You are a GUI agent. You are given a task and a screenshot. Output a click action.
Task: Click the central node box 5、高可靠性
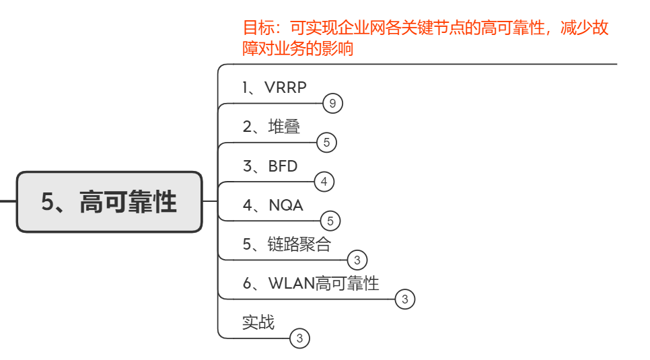point(109,202)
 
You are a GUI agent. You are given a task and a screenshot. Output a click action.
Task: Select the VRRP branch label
point(274,87)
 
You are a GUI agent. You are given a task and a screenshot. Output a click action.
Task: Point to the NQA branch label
point(273,205)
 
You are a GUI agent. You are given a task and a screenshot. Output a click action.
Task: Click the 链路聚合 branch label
point(287,244)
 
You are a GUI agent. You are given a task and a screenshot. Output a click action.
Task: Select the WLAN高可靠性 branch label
point(311,283)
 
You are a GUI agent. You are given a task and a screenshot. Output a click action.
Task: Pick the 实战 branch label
point(258,322)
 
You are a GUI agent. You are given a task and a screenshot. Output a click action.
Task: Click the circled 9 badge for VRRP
point(332,104)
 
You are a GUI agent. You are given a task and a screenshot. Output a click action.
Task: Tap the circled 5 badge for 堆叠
point(326,143)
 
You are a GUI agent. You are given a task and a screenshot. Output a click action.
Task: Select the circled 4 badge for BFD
point(324,182)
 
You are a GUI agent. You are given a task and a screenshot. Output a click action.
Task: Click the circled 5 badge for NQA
point(330,221)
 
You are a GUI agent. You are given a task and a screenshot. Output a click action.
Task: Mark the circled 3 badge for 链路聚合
point(357,260)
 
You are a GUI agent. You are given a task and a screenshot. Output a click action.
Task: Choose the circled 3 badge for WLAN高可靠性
point(405,299)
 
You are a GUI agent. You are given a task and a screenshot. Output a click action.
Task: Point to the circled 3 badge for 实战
point(300,338)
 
